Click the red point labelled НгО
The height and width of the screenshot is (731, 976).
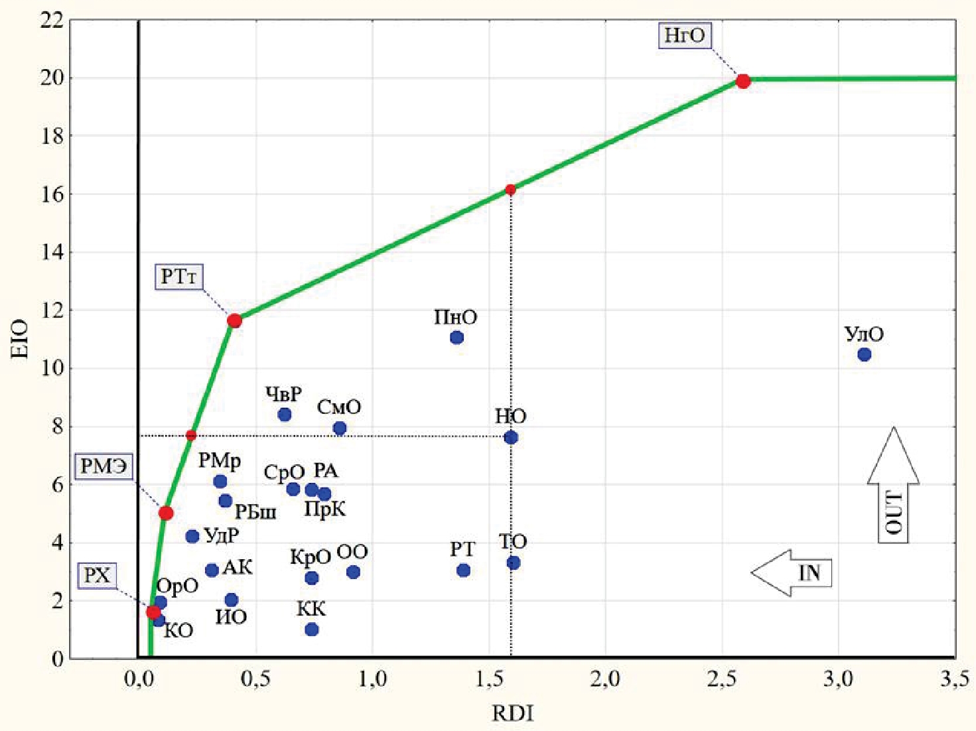[743, 82]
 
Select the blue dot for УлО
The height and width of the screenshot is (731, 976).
[864, 355]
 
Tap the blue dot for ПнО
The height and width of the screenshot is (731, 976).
[456, 338]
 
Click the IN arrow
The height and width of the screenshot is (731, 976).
[792, 573]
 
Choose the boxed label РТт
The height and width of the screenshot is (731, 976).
[179, 277]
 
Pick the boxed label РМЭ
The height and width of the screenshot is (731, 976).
[103, 466]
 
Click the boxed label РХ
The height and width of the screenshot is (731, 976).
[97, 575]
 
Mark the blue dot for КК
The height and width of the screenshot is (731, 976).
[312, 630]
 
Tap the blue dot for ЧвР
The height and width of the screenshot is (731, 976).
[285, 415]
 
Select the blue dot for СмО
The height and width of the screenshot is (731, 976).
[340, 429]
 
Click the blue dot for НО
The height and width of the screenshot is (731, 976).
[511, 438]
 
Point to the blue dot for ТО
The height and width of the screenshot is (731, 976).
[513, 563]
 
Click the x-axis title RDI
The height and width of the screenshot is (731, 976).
[512, 714]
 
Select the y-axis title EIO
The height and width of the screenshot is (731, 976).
[21, 339]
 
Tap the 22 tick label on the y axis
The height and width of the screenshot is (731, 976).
[52, 21]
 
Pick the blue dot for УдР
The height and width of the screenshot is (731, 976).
[192, 537]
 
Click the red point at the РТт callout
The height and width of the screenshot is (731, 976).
[234, 321]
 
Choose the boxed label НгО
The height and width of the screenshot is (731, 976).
[685, 35]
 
